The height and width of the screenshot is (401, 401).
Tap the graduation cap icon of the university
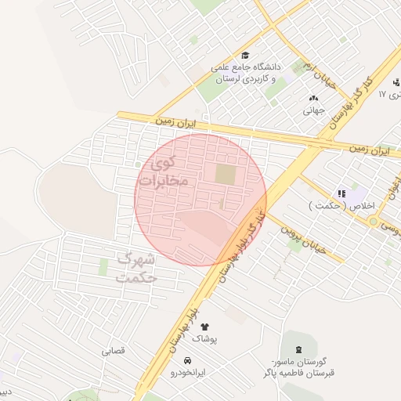coord(246,56)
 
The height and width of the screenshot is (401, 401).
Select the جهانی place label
coord(313,110)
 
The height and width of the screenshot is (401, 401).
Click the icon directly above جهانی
coord(314,98)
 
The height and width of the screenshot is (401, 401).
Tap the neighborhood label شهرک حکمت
coord(135,267)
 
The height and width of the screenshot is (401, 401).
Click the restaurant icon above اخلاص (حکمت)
coord(341,193)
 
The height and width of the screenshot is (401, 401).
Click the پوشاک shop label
coord(206,338)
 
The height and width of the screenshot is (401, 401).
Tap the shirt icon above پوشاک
coord(205,326)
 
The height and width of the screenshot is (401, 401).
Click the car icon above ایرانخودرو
coord(188,360)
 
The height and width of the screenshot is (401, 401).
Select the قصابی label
coord(112,351)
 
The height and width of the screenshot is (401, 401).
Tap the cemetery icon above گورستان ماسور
coord(297,347)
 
